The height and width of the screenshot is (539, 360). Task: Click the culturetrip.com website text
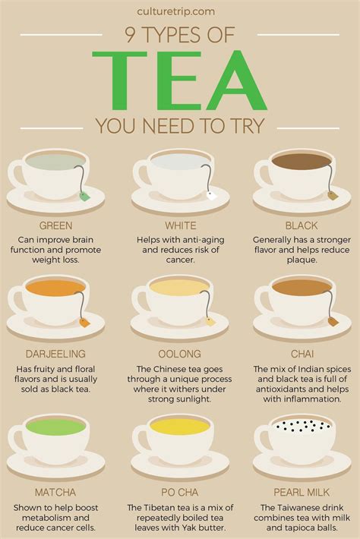coord(179,11)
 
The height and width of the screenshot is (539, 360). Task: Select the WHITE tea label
coord(180,225)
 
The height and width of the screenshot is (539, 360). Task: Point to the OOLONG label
coord(180,353)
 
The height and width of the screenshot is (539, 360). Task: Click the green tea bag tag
coord(85,196)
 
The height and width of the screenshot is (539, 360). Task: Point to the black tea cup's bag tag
coord(333,196)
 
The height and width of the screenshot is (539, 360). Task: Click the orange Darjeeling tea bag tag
coord(85,322)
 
